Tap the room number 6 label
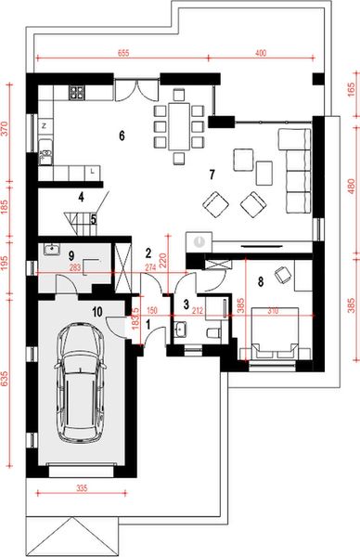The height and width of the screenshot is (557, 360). tap(122, 136)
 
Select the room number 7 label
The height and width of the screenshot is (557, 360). tap(212, 174)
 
